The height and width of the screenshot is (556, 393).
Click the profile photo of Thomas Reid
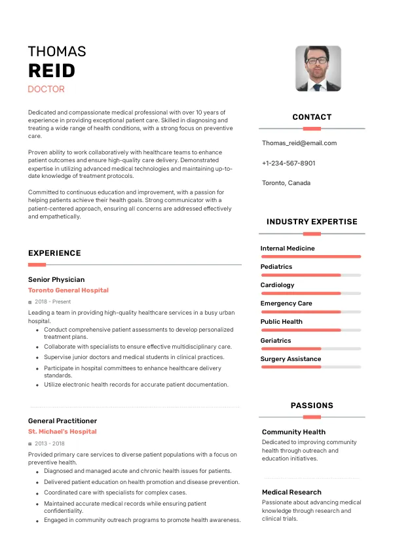[318, 68]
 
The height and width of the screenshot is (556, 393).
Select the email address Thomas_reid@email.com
[299, 143]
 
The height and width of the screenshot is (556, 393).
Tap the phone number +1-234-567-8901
[288, 163]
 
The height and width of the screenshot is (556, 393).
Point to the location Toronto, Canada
[286, 183]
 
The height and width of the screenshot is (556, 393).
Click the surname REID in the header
[51, 71]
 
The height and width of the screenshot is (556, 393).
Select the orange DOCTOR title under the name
[46, 89]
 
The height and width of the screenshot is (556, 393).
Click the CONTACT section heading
[312, 117]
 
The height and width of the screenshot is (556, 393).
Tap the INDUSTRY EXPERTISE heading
[312, 222]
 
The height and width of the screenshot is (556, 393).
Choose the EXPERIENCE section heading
[54, 253]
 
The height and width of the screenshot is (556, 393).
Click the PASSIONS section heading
[312, 406]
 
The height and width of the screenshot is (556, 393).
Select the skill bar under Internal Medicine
[311, 256]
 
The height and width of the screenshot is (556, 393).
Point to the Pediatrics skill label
[276, 267]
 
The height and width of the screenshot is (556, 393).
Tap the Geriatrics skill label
[276, 340]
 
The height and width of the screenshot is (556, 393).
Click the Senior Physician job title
[56, 280]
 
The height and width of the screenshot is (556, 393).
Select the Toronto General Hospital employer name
[68, 290]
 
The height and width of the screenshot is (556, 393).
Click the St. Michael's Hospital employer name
[62, 432]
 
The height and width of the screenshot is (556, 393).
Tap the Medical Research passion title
[291, 492]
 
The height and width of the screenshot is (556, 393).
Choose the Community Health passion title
[293, 432]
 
